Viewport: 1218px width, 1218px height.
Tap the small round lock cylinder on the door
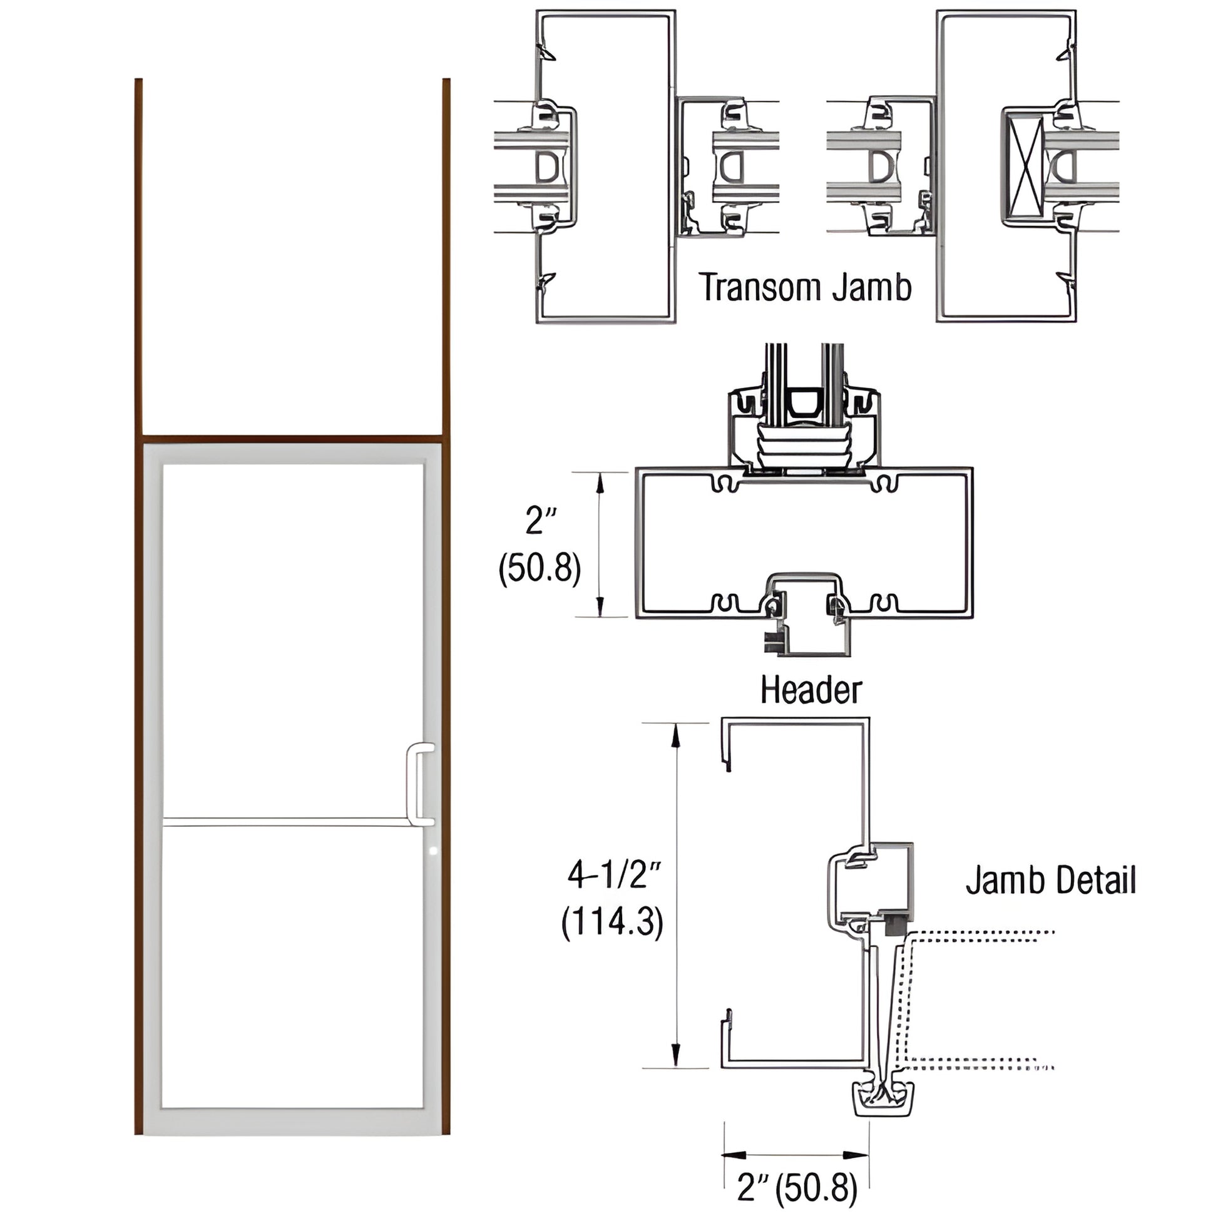(432, 851)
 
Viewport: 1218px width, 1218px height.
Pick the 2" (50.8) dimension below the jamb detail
(797, 1189)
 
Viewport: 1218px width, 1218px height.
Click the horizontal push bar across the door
(287, 821)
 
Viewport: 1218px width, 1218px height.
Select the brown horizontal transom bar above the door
(292, 436)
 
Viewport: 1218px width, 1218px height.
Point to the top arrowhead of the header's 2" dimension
(600, 483)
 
